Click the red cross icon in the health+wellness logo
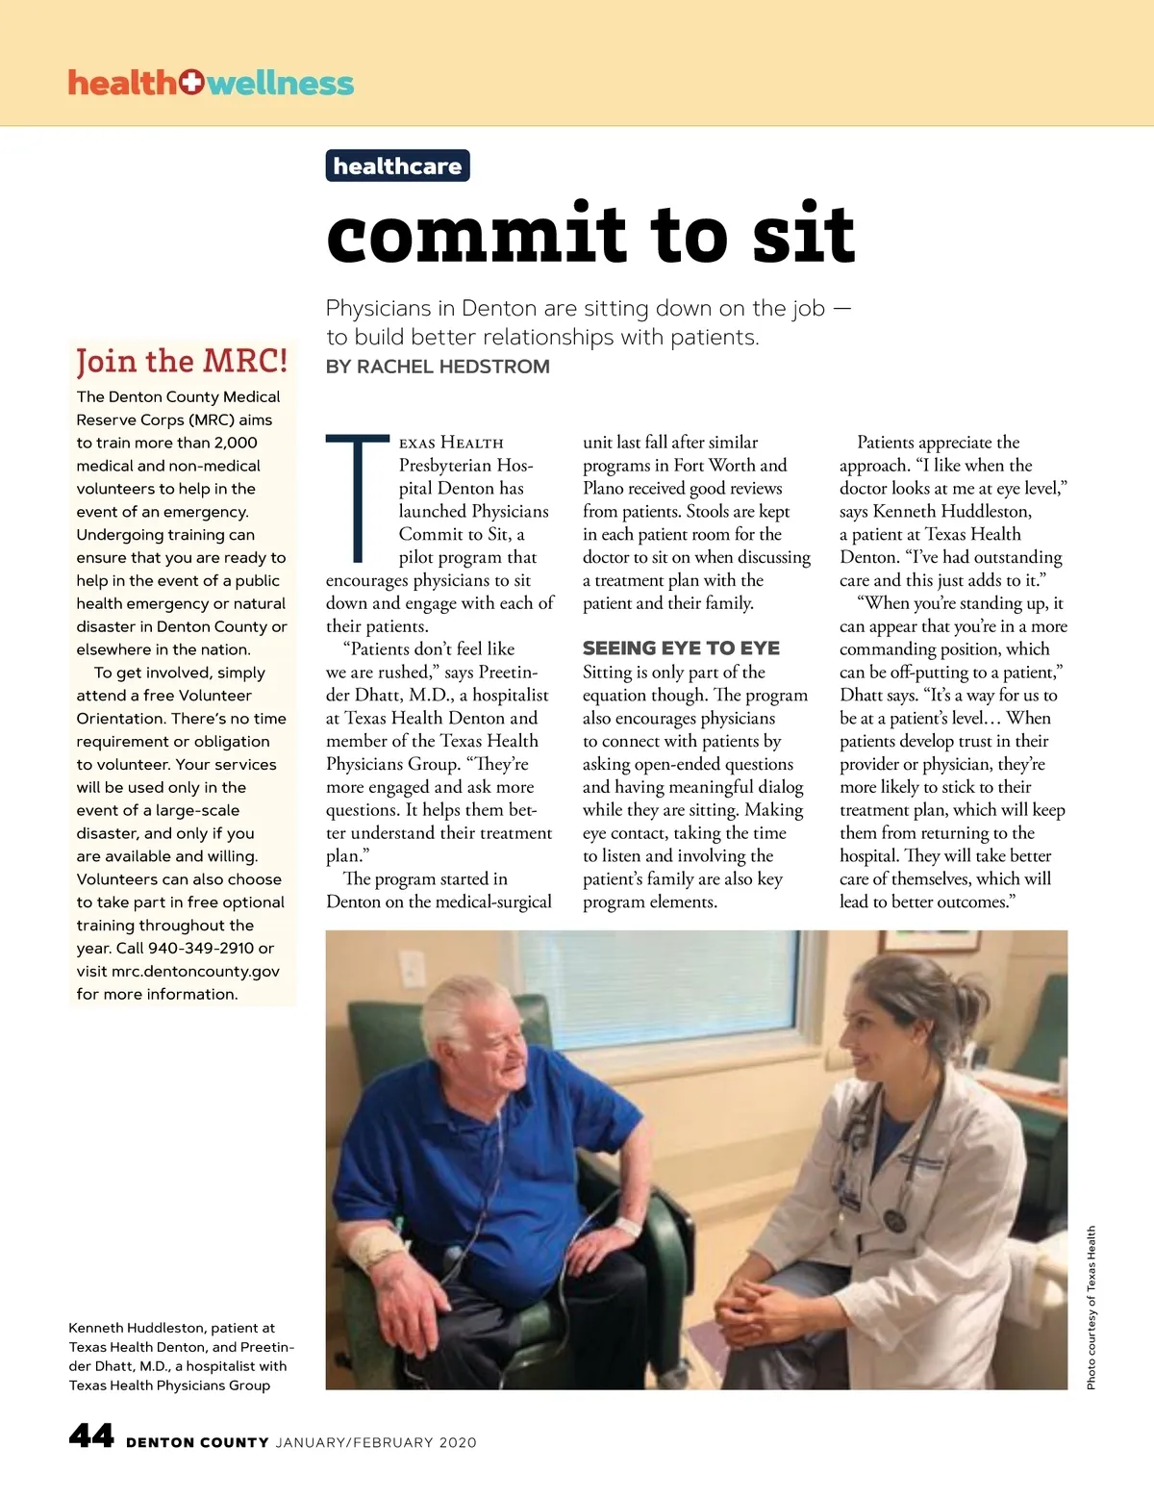[191, 83]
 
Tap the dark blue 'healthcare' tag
[397, 166]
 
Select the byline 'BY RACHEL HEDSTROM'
[438, 367]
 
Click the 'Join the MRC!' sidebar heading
[182, 361]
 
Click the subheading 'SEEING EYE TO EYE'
[681, 648]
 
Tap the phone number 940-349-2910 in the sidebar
[201, 948]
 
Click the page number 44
[91, 1436]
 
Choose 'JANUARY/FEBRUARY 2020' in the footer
[376, 1442]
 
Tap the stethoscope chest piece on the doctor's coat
[895, 1220]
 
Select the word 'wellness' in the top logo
[280, 84]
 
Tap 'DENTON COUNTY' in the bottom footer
[197, 1442]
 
